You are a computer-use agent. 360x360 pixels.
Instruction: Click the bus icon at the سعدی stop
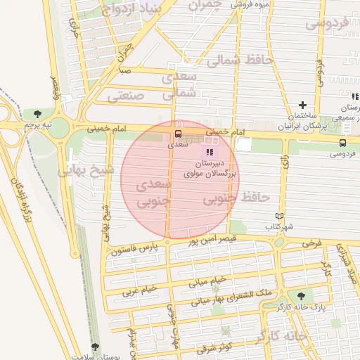177,133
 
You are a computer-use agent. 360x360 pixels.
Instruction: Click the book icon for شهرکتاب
280,216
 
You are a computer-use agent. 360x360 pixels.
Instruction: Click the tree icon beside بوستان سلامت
95,347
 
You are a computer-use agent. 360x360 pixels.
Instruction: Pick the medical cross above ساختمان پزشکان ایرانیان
303,105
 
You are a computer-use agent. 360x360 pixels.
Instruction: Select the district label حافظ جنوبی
227,200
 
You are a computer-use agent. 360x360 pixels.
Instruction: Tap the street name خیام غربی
139,289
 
